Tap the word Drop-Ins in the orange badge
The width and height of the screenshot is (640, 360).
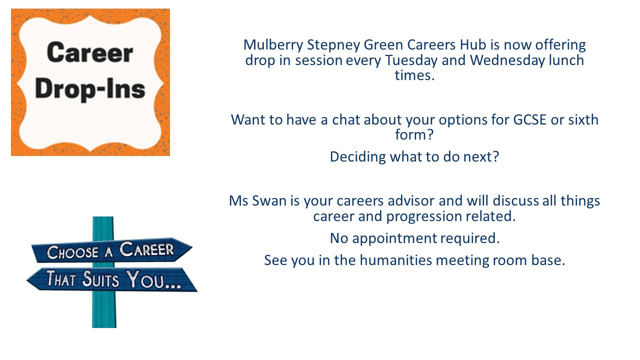[x=90, y=89]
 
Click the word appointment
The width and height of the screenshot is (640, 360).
[x=394, y=238]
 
